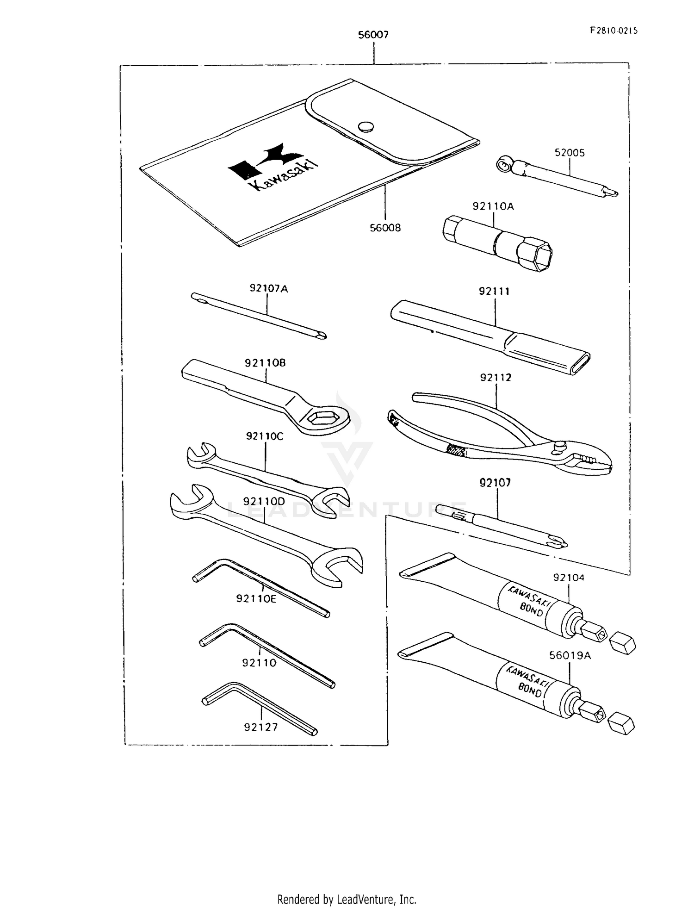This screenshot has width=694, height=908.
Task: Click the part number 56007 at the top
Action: click(373, 35)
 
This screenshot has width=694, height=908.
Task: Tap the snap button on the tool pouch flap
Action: click(366, 126)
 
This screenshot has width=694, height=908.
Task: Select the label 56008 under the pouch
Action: click(385, 228)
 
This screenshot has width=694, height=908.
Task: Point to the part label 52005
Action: click(570, 153)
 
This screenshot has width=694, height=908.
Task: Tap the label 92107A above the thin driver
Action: click(268, 289)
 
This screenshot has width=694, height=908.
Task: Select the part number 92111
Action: click(494, 291)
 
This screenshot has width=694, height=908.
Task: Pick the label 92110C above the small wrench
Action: click(265, 436)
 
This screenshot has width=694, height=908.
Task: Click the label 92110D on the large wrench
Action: click(264, 502)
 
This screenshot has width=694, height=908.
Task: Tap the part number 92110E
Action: click(256, 599)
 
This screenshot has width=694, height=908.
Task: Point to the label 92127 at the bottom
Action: click(261, 727)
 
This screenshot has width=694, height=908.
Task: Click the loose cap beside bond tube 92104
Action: click(622, 644)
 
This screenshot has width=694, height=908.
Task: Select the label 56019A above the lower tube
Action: click(570, 656)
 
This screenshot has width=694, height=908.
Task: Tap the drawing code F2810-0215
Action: click(613, 31)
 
